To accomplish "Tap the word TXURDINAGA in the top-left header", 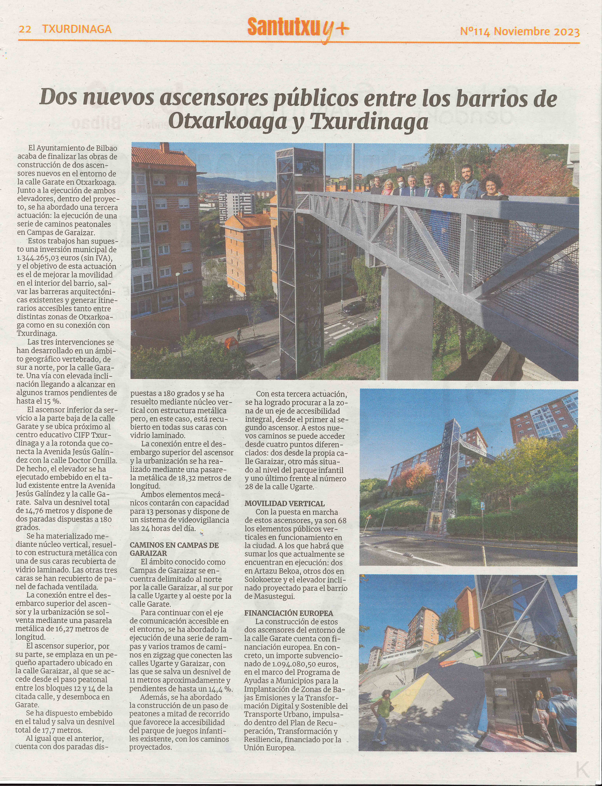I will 77,29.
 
